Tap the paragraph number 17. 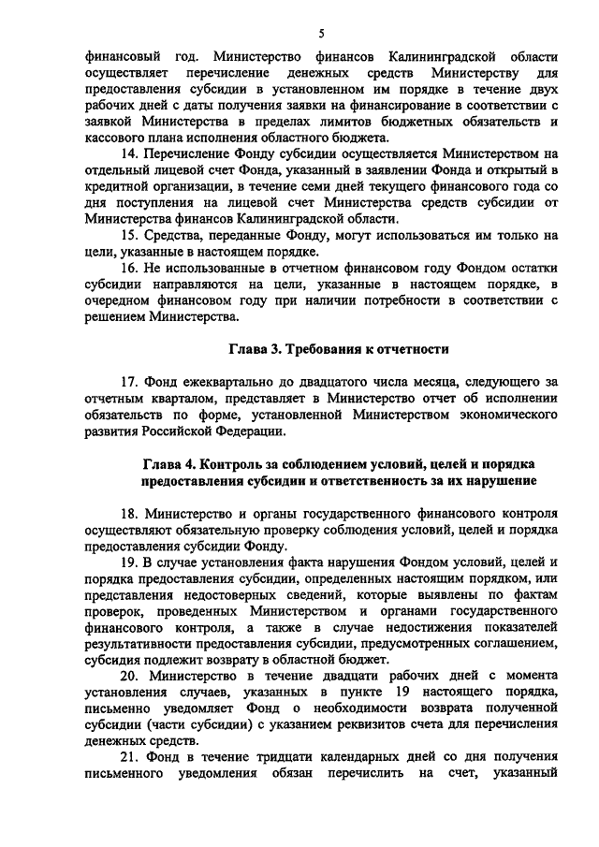coord(129,381)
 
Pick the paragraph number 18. coord(129,513)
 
